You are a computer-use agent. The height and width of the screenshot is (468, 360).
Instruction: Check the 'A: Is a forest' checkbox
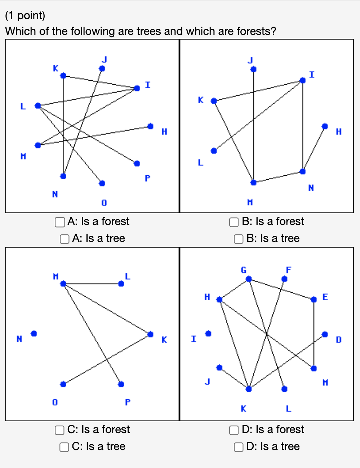point(59,222)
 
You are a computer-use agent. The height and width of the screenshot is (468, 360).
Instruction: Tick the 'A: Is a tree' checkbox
point(64,239)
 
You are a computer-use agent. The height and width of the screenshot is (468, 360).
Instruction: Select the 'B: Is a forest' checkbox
point(234,222)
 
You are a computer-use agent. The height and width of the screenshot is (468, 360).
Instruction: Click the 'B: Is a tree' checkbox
point(239,239)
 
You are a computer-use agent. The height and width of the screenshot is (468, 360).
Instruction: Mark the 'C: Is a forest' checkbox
point(59,430)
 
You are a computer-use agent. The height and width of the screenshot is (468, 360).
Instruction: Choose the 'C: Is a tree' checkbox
point(64,447)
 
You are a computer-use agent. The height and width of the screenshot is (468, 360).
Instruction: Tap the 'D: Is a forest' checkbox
point(234,430)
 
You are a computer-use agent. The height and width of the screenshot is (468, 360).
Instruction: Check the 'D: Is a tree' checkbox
point(239,447)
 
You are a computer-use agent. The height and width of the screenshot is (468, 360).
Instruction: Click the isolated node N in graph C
point(34,334)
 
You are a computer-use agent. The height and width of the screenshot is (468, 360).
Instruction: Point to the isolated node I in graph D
point(208,334)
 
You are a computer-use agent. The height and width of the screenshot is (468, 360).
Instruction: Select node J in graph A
point(102,68)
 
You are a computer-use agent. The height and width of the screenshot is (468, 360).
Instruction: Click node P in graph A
point(137,163)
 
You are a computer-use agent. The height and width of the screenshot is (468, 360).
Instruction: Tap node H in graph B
point(325,126)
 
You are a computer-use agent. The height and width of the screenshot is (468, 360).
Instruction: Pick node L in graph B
point(214,151)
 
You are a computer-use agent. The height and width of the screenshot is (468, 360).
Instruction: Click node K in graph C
point(151,334)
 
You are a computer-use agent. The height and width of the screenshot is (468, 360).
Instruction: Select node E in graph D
point(314,300)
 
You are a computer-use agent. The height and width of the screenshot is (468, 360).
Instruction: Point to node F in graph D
point(284,279)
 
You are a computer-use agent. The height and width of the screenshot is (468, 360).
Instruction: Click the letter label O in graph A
point(104,203)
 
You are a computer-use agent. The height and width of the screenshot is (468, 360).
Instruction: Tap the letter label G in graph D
point(244,270)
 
